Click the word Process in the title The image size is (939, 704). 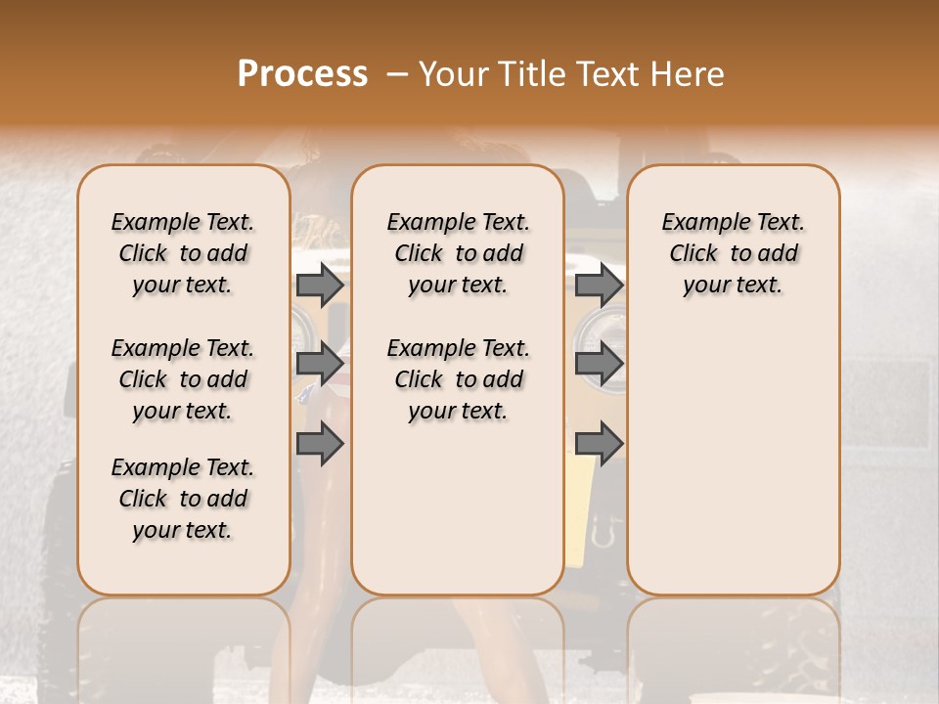(302, 74)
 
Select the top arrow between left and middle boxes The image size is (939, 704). (320, 286)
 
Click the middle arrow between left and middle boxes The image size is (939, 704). (320, 364)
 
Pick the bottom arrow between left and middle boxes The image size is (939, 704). (320, 444)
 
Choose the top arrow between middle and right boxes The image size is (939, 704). (599, 286)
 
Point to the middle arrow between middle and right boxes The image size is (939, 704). (599, 364)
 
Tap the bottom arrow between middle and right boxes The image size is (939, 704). (599, 444)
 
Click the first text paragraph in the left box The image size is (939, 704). (183, 253)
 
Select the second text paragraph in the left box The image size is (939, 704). (183, 379)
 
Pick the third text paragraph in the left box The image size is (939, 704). (183, 499)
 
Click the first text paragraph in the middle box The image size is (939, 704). (458, 253)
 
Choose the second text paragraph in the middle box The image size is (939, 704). (458, 379)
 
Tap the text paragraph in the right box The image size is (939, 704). (733, 253)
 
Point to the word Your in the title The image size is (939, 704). (453, 74)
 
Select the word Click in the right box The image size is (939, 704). (693, 254)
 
